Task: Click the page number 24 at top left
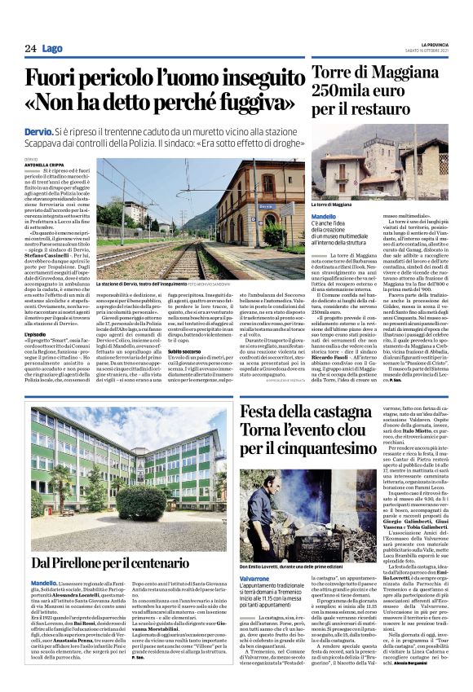click(30, 49)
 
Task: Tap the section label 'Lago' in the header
click(53, 49)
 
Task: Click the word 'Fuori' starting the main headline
click(53, 79)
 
